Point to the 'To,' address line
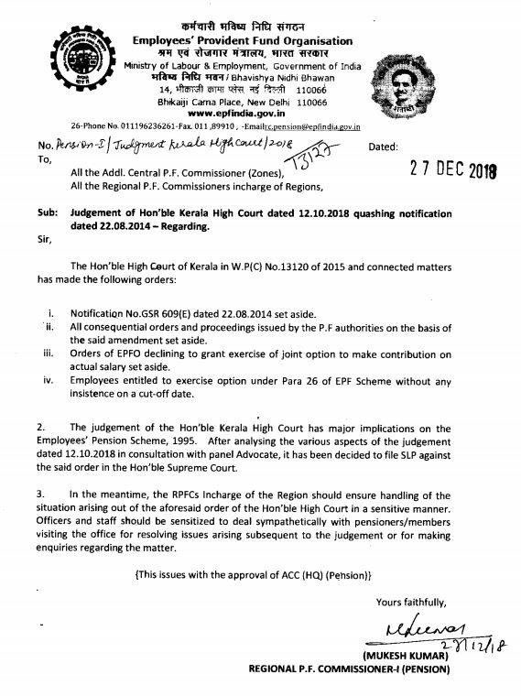coord(44,157)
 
